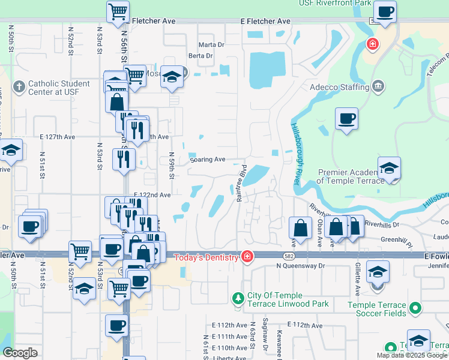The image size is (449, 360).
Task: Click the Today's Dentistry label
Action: pyautogui.click(x=206, y=257)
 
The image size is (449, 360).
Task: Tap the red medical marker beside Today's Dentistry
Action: pyautogui.click(x=247, y=257)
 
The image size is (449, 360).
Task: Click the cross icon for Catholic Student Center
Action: pyautogui.click(x=19, y=87)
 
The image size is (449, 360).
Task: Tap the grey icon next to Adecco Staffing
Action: pyautogui.click(x=378, y=87)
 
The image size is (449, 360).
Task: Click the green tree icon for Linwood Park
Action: pyautogui.click(x=238, y=298)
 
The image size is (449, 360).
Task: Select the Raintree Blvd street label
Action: pyautogui.click(x=241, y=184)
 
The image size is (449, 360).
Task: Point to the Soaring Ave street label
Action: pyautogui.click(x=207, y=159)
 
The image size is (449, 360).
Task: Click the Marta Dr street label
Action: pyautogui.click(x=211, y=44)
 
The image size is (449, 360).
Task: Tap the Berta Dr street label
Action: pyautogui.click(x=200, y=56)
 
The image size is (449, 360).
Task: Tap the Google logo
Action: pyautogui.click(x=20, y=353)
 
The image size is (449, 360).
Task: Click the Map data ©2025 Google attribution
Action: pyautogui.click(x=412, y=355)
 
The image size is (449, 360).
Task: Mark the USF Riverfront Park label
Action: pyautogui.click(x=335, y=4)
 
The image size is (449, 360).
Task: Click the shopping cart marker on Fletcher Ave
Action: pyautogui.click(x=118, y=12)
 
